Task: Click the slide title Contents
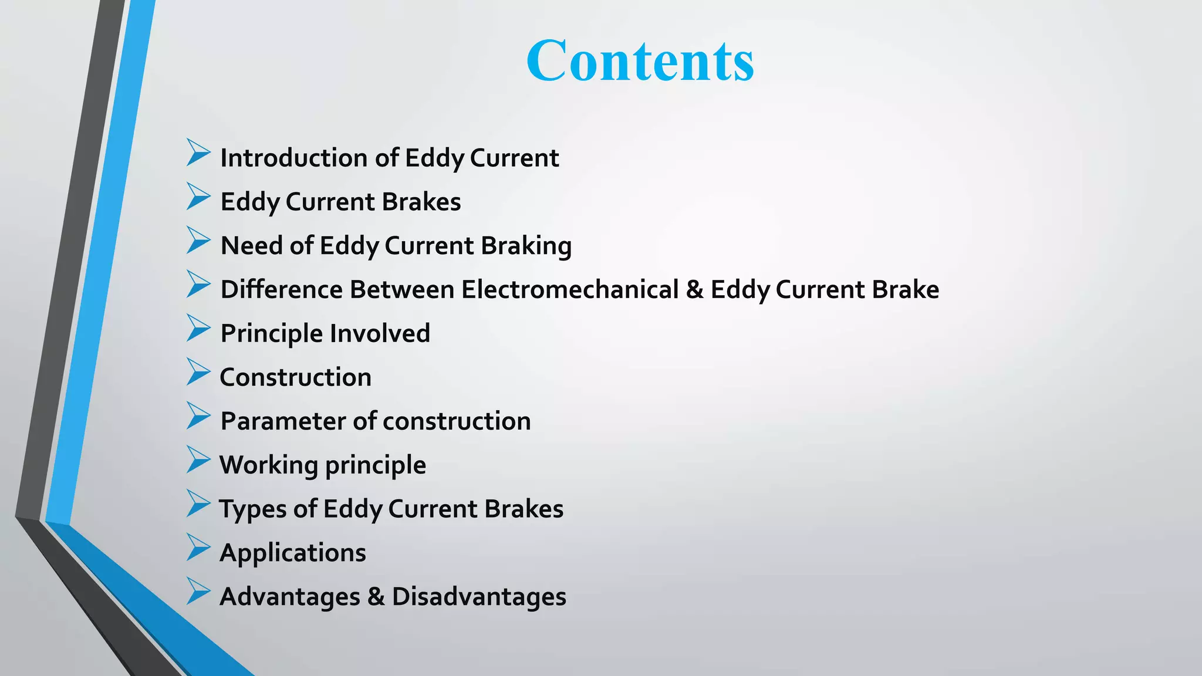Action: click(640, 60)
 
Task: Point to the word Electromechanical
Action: click(570, 290)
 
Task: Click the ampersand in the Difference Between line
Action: click(694, 290)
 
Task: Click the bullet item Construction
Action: click(295, 377)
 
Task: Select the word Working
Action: click(268, 465)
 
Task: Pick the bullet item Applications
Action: click(292, 553)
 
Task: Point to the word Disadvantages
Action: click(479, 597)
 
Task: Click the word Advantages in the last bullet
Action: click(289, 597)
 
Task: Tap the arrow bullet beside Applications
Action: click(198, 547)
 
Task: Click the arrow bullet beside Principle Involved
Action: click(198, 328)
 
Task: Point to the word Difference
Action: click(279, 290)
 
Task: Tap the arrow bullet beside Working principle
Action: click(198, 459)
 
